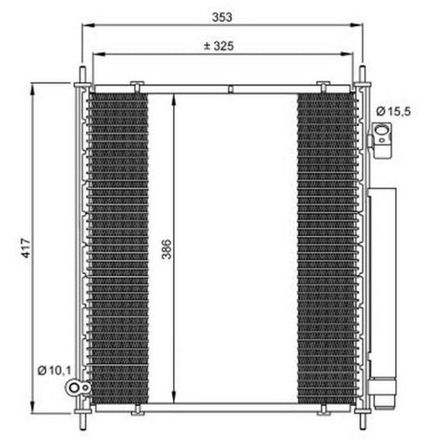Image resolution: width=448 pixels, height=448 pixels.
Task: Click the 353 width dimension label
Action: coord(222,16)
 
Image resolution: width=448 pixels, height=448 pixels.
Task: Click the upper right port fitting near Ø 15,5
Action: coord(382,137)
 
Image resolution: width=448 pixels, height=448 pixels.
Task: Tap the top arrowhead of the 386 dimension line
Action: coord(174,94)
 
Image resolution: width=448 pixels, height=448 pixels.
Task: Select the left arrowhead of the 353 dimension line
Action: coord(85,25)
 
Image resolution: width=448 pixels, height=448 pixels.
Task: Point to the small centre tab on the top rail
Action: coord(229,87)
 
